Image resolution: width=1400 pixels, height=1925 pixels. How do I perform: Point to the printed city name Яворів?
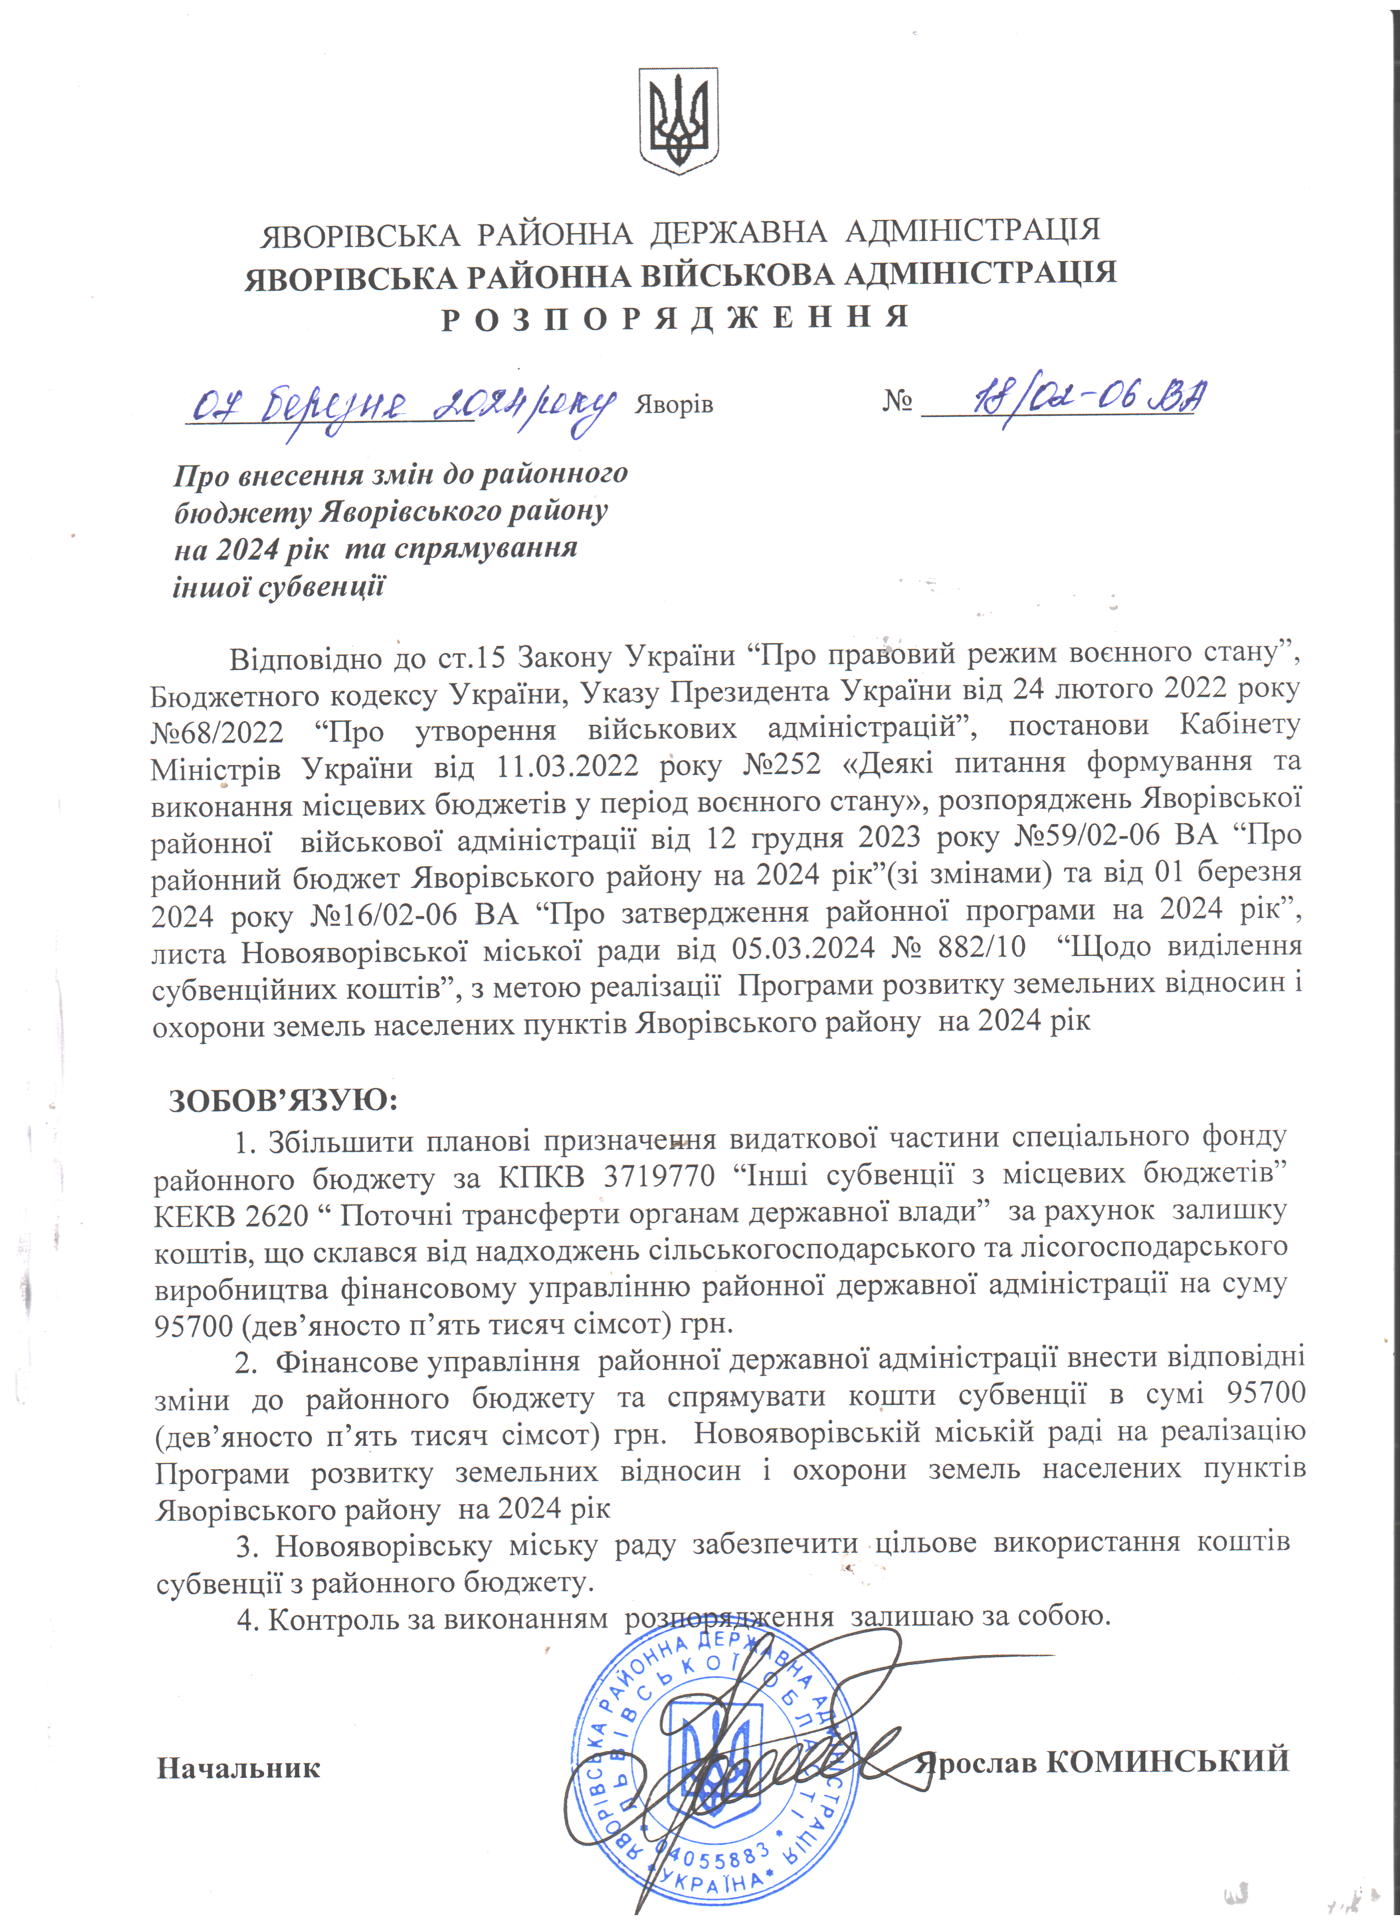[x=674, y=405]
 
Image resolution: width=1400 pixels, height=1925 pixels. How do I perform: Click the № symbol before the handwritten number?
[x=897, y=401]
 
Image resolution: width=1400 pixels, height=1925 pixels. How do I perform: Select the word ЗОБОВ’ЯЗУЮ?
[x=283, y=1101]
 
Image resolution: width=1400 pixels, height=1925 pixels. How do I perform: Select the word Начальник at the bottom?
[x=239, y=1768]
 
